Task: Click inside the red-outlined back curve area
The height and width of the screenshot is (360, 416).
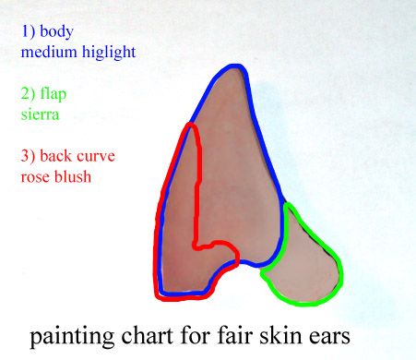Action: click(x=180, y=222)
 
